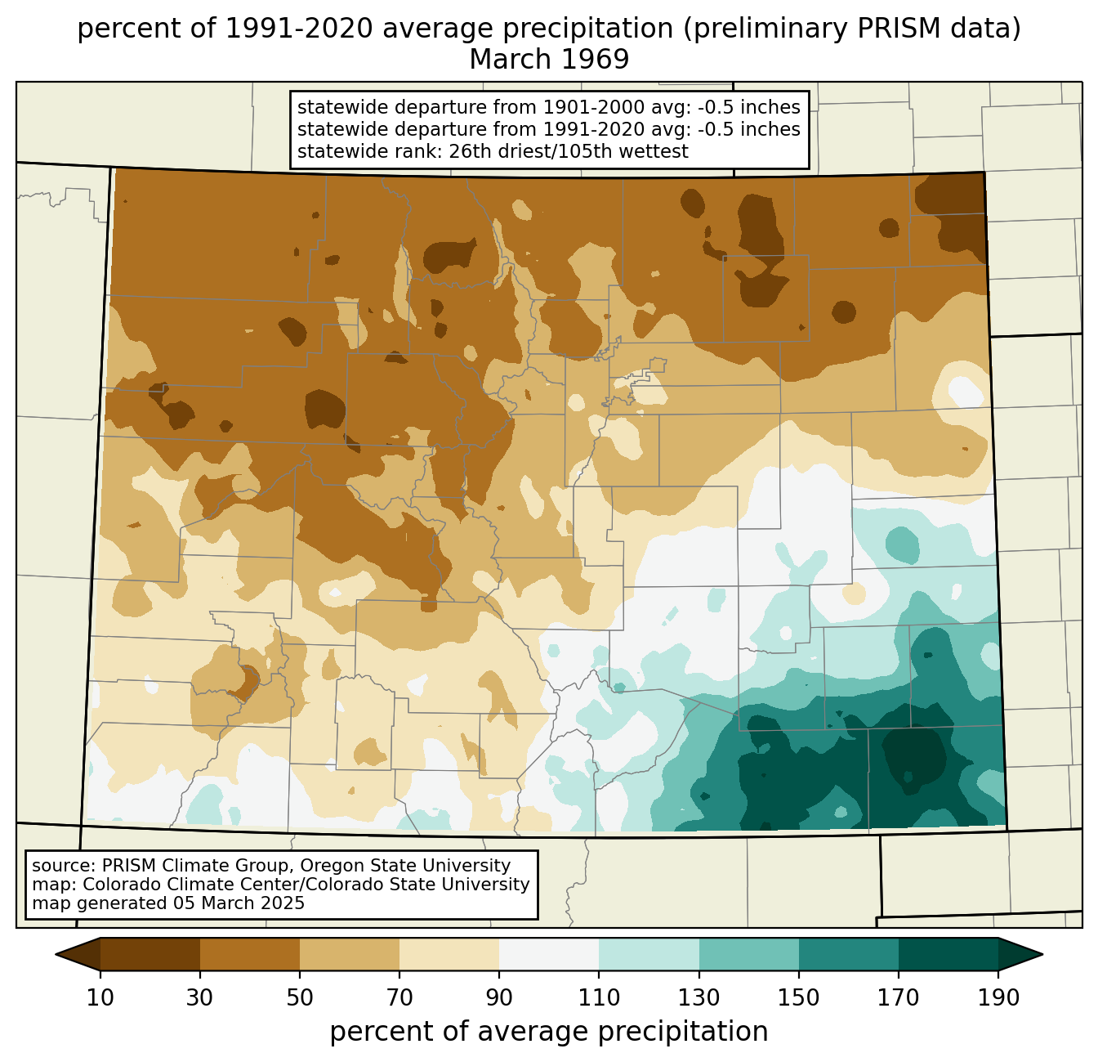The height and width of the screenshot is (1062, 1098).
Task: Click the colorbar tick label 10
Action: [100, 997]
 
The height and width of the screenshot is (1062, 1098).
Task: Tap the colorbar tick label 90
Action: [499, 997]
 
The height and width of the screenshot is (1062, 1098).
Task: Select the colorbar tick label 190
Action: [998, 997]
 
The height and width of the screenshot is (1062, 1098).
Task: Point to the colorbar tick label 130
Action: [699, 997]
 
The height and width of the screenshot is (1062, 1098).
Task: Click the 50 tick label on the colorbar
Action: [300, 997]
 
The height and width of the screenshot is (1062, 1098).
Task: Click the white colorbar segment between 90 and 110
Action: [549, 954]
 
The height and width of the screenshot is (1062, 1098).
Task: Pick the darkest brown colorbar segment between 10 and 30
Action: [150, 954]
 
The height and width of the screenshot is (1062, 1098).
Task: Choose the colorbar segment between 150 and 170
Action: [849, 954]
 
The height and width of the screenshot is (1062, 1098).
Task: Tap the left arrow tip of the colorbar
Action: [56, 954]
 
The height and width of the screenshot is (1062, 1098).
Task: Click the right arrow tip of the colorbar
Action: [1042, 954]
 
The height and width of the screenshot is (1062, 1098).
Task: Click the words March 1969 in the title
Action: [549, 59]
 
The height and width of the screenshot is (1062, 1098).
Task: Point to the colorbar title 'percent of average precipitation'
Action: [549, 1032]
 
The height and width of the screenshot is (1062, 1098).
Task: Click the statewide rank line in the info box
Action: [493, 151]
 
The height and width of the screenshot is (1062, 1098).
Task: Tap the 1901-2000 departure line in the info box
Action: [548, 107]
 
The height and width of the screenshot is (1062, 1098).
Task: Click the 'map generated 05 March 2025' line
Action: [168, 903]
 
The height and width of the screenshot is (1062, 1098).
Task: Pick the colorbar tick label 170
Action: [899, 997]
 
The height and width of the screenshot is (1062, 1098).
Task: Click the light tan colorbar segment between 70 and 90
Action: [449, 954]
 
